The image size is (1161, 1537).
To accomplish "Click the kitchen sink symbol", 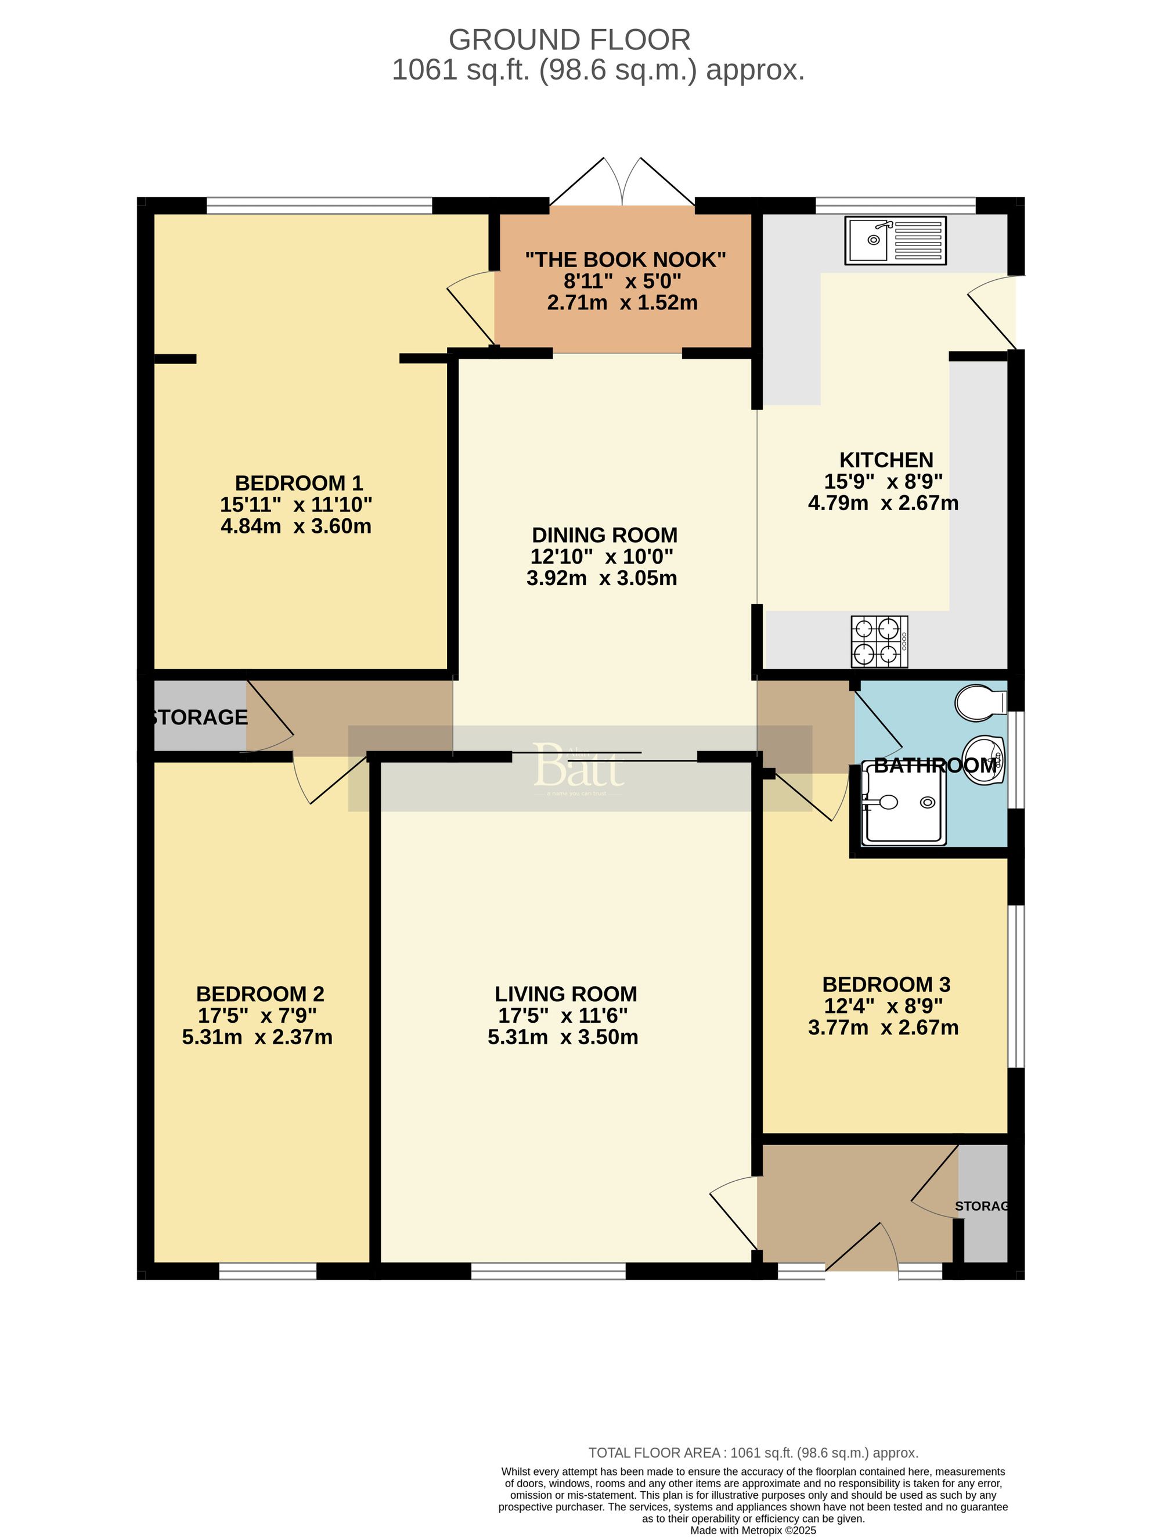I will pos(895,241).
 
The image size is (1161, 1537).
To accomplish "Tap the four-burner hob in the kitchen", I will pos(879,641).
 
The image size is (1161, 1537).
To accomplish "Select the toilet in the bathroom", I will pos(980,702).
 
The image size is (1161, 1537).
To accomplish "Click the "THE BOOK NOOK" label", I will pos(625,260).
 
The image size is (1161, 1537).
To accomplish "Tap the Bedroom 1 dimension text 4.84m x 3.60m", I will pos(296,526).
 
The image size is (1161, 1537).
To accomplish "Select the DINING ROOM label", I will pos(604,535).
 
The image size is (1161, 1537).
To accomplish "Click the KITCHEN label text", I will pos(886,460).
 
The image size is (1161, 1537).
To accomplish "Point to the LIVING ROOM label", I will pos(565,994).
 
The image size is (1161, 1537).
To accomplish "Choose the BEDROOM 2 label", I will pos(260,994).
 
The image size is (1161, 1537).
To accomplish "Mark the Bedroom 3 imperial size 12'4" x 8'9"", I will pos(883,1006).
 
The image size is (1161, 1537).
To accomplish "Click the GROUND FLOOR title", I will pos(569,39).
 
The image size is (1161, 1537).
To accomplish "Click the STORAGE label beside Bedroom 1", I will pos(200,717).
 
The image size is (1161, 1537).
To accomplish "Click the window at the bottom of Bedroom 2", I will pos(268,1271).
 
